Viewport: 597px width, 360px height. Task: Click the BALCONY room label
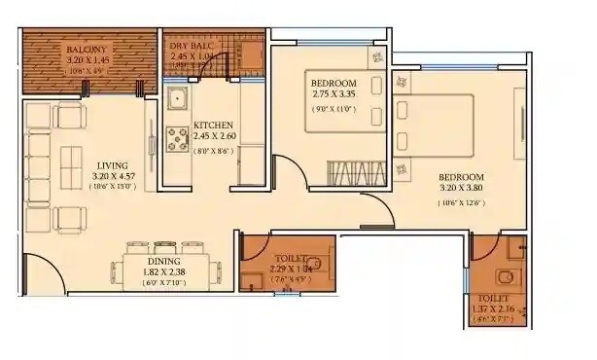click(88, 50)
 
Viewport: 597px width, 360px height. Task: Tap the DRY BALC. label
click(192, 46)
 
